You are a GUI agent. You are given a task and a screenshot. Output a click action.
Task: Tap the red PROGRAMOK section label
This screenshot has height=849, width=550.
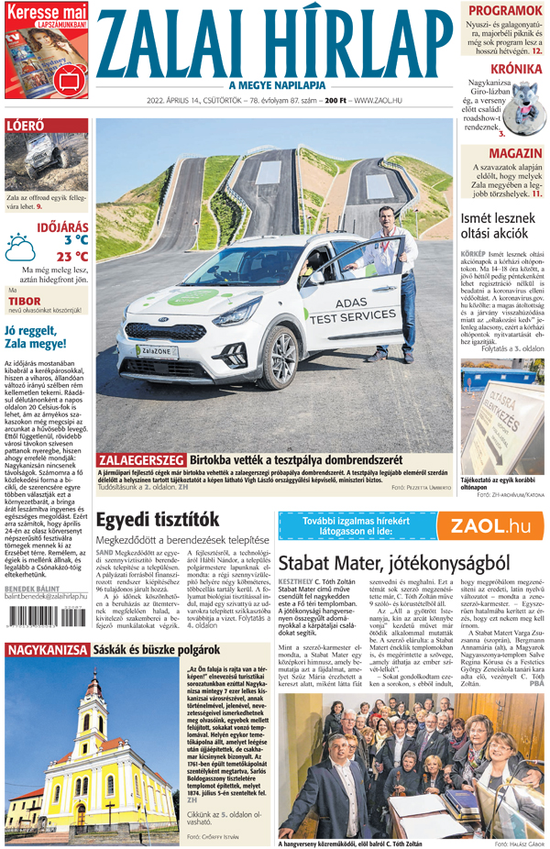(x=503, y=11)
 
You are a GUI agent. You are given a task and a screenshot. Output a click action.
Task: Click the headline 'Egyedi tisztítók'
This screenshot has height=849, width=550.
(x=158, y=519)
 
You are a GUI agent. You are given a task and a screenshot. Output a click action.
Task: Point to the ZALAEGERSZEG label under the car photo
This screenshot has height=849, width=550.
(x=142, y=458)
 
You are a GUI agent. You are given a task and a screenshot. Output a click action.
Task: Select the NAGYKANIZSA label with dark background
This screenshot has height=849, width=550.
(x=46, y=650)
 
